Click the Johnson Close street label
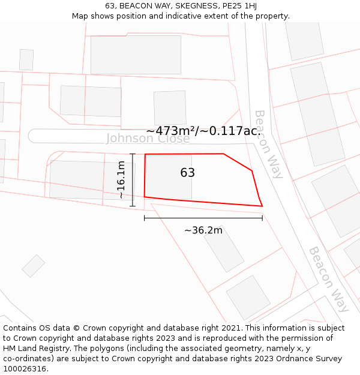tap(148, 139)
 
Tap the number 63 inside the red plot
tap(187, 173)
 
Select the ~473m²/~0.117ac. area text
tap(203, 130)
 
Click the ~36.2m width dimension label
tap(203, 230)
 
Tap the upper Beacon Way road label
tap(268, 144)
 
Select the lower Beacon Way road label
tap(328, 279)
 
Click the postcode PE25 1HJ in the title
tap(239, 5)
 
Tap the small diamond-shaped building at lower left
tap(34, 266)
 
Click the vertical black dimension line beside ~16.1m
tap(133, 180)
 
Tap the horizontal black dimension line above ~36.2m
tap(203, 218)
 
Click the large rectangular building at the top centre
tap(136, 55)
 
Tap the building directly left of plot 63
tap(90, 179)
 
